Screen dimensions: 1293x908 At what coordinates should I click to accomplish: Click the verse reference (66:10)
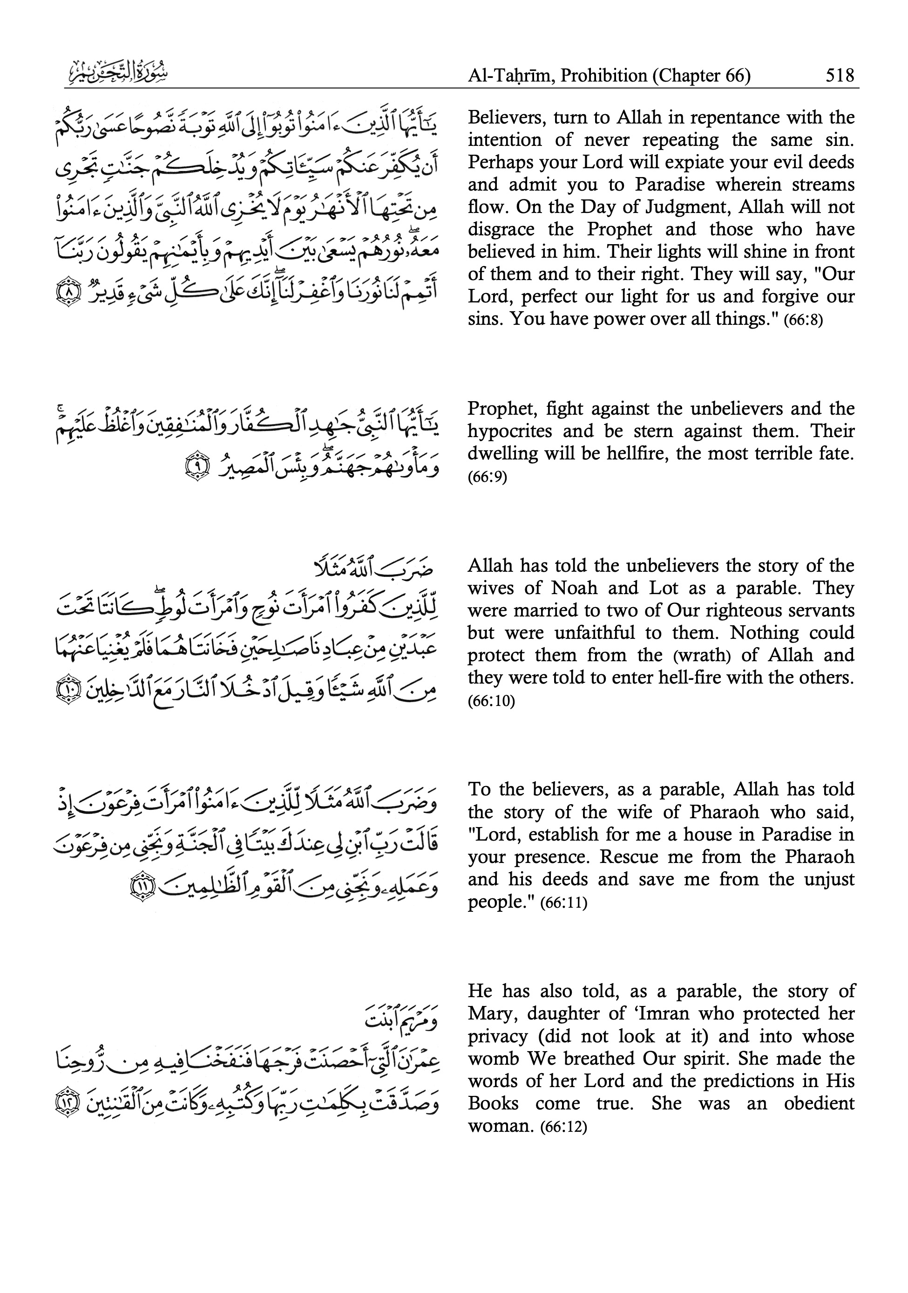[491, 701]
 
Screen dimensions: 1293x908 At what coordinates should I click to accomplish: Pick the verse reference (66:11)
[563, 903]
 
